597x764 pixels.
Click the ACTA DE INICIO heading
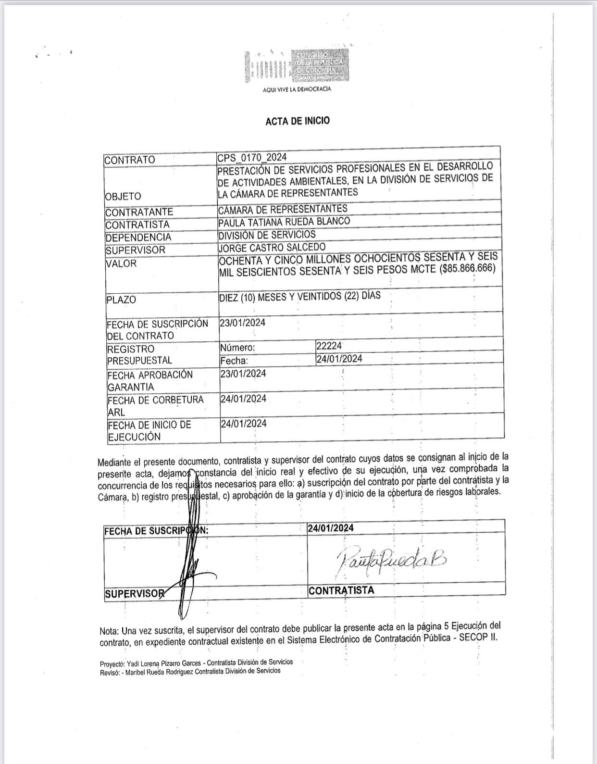(298, 121)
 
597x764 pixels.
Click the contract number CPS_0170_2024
(252, 158)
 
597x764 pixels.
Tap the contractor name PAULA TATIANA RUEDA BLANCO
(284, 222)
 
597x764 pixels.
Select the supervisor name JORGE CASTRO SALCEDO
(272, 248)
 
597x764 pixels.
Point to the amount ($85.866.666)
(467, 268)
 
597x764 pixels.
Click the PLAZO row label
(121, 300)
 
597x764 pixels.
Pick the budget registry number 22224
(329, 346)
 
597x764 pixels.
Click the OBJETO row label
(123, 196)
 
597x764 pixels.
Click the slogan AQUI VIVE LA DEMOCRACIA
(297, 89)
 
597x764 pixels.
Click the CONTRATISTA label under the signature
(341, 590)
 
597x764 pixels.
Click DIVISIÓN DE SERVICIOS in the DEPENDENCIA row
(267, 235)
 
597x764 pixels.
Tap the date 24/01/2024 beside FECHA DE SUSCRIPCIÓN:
(331, 528)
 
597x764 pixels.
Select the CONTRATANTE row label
(139, 212)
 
